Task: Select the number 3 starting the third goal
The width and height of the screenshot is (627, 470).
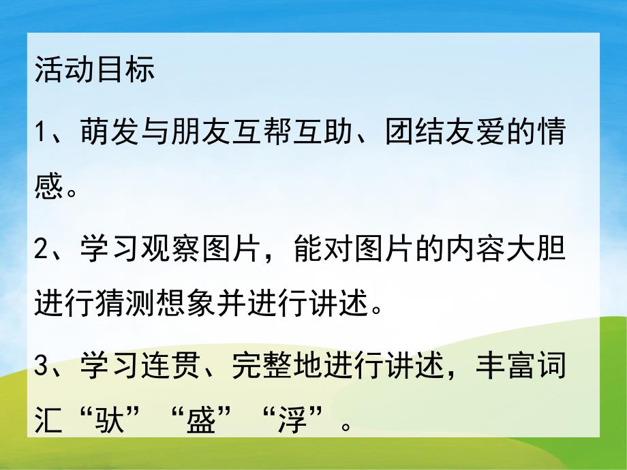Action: coord(42,373)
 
